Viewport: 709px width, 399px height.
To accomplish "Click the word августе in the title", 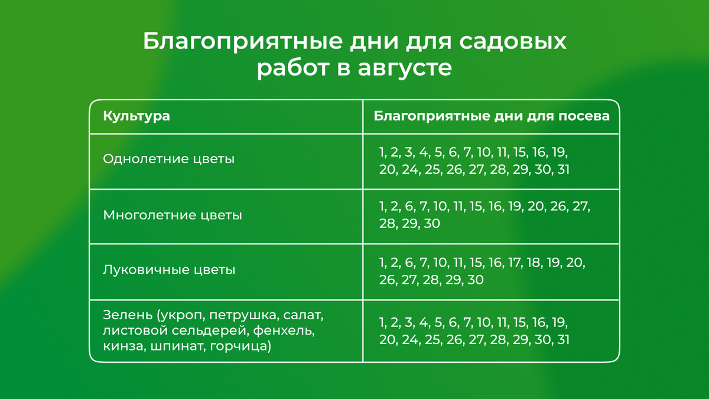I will tap(405, 68).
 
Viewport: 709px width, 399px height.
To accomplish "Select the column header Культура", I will tap(136, 116).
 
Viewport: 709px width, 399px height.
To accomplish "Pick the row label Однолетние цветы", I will tap(168, 159).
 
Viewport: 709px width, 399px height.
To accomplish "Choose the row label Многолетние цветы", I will tap(173, 215).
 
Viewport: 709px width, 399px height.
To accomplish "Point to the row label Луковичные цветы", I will tap(169, 270).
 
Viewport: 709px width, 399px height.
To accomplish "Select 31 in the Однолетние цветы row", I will tap(562, 170).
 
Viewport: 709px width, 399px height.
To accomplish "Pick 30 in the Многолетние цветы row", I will tap(432, 225).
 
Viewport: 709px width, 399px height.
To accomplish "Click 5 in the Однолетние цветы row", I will tap(438, 152).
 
